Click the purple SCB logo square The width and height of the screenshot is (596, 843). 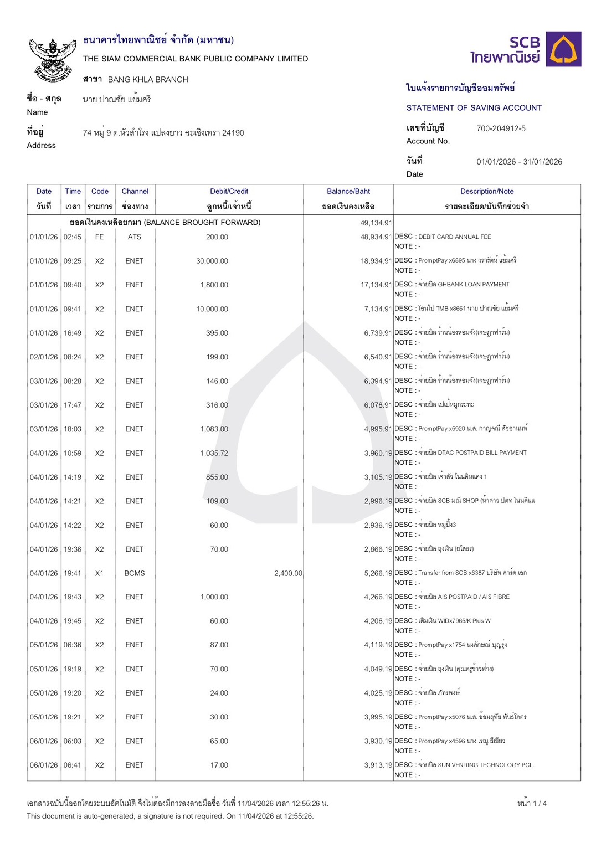(x=563, y=49)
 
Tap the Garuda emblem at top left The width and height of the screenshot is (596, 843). (x=53, y=60)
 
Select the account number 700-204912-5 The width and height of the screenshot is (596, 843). (x=501, y=128)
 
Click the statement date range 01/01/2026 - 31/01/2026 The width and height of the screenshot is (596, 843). (x=519, y=162)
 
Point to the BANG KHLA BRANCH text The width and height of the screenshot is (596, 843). (x=148, y=79)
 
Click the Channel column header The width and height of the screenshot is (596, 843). (x=135, y=192)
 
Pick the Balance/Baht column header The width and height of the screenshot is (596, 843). (x=348, y=192)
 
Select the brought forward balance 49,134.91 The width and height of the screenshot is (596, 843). (x=376, y=223)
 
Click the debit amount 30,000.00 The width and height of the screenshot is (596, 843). (x=212, y=261)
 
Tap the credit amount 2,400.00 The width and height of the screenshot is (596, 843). (x=288, y=573)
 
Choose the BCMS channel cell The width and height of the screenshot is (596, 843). (x=134, y=573)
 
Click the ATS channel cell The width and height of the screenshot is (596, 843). (x=134, y=237)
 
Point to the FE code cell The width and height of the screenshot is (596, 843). (x=99, y=237)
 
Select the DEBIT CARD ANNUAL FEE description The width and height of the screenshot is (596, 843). (x=454, y=237)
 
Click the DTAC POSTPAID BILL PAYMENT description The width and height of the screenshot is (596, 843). (x=472, y=453)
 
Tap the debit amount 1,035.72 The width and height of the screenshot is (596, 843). (x=214, y=453)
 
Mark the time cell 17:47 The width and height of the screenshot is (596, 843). (x=72, y=405)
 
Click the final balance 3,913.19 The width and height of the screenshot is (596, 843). (x=378, y=765)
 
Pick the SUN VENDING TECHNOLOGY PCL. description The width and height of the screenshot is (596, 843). (x=476, y=765)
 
